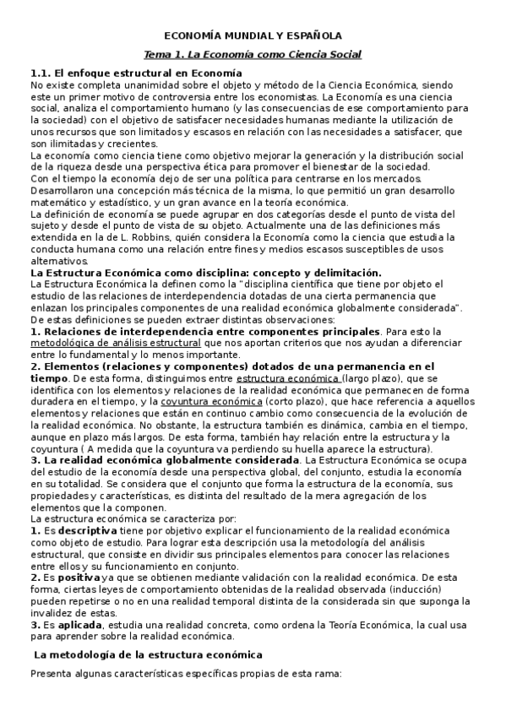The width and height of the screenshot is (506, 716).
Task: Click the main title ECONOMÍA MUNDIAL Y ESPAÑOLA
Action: click(x=253, y=36)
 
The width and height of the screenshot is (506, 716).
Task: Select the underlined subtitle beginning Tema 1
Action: click(x=253, y=55)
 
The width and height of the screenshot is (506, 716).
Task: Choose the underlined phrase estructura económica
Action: click(x=288, y=379)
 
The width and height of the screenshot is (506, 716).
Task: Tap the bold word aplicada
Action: click(x=79, y=624)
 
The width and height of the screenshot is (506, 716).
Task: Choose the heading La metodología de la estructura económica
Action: click(x=148, y=654)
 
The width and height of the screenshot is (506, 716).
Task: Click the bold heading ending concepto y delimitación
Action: click(x=205, y=273)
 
